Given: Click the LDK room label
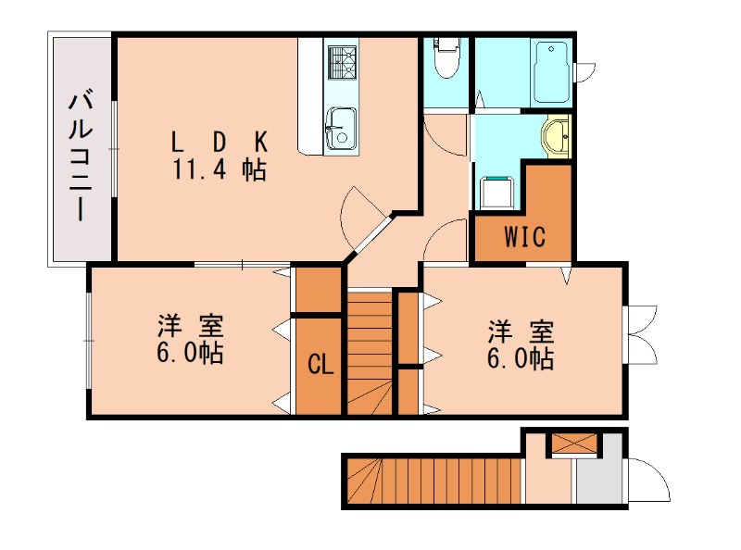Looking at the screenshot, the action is (220, 142).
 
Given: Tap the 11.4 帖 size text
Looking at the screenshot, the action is (220, 169).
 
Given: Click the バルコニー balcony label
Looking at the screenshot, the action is (81, 157).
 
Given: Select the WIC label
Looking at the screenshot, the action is (524, 236).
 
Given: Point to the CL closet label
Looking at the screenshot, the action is (320, 364).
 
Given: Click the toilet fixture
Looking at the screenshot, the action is (446, 57).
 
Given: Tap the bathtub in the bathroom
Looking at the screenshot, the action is (551, 73).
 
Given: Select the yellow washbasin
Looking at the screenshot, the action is (556, 136).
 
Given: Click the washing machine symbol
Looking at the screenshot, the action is (497, 193).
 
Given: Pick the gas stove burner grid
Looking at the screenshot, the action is (341, 62).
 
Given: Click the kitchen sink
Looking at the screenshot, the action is (341, 128).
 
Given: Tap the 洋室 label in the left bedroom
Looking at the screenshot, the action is (190, 326).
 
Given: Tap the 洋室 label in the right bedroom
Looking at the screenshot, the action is (521, 332).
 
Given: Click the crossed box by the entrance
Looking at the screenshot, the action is (574, 444).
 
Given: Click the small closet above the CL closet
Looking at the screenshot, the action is (318, 290).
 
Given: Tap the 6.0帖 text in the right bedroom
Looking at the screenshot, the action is (521, 358).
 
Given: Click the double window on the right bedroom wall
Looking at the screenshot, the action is (639, 334).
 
